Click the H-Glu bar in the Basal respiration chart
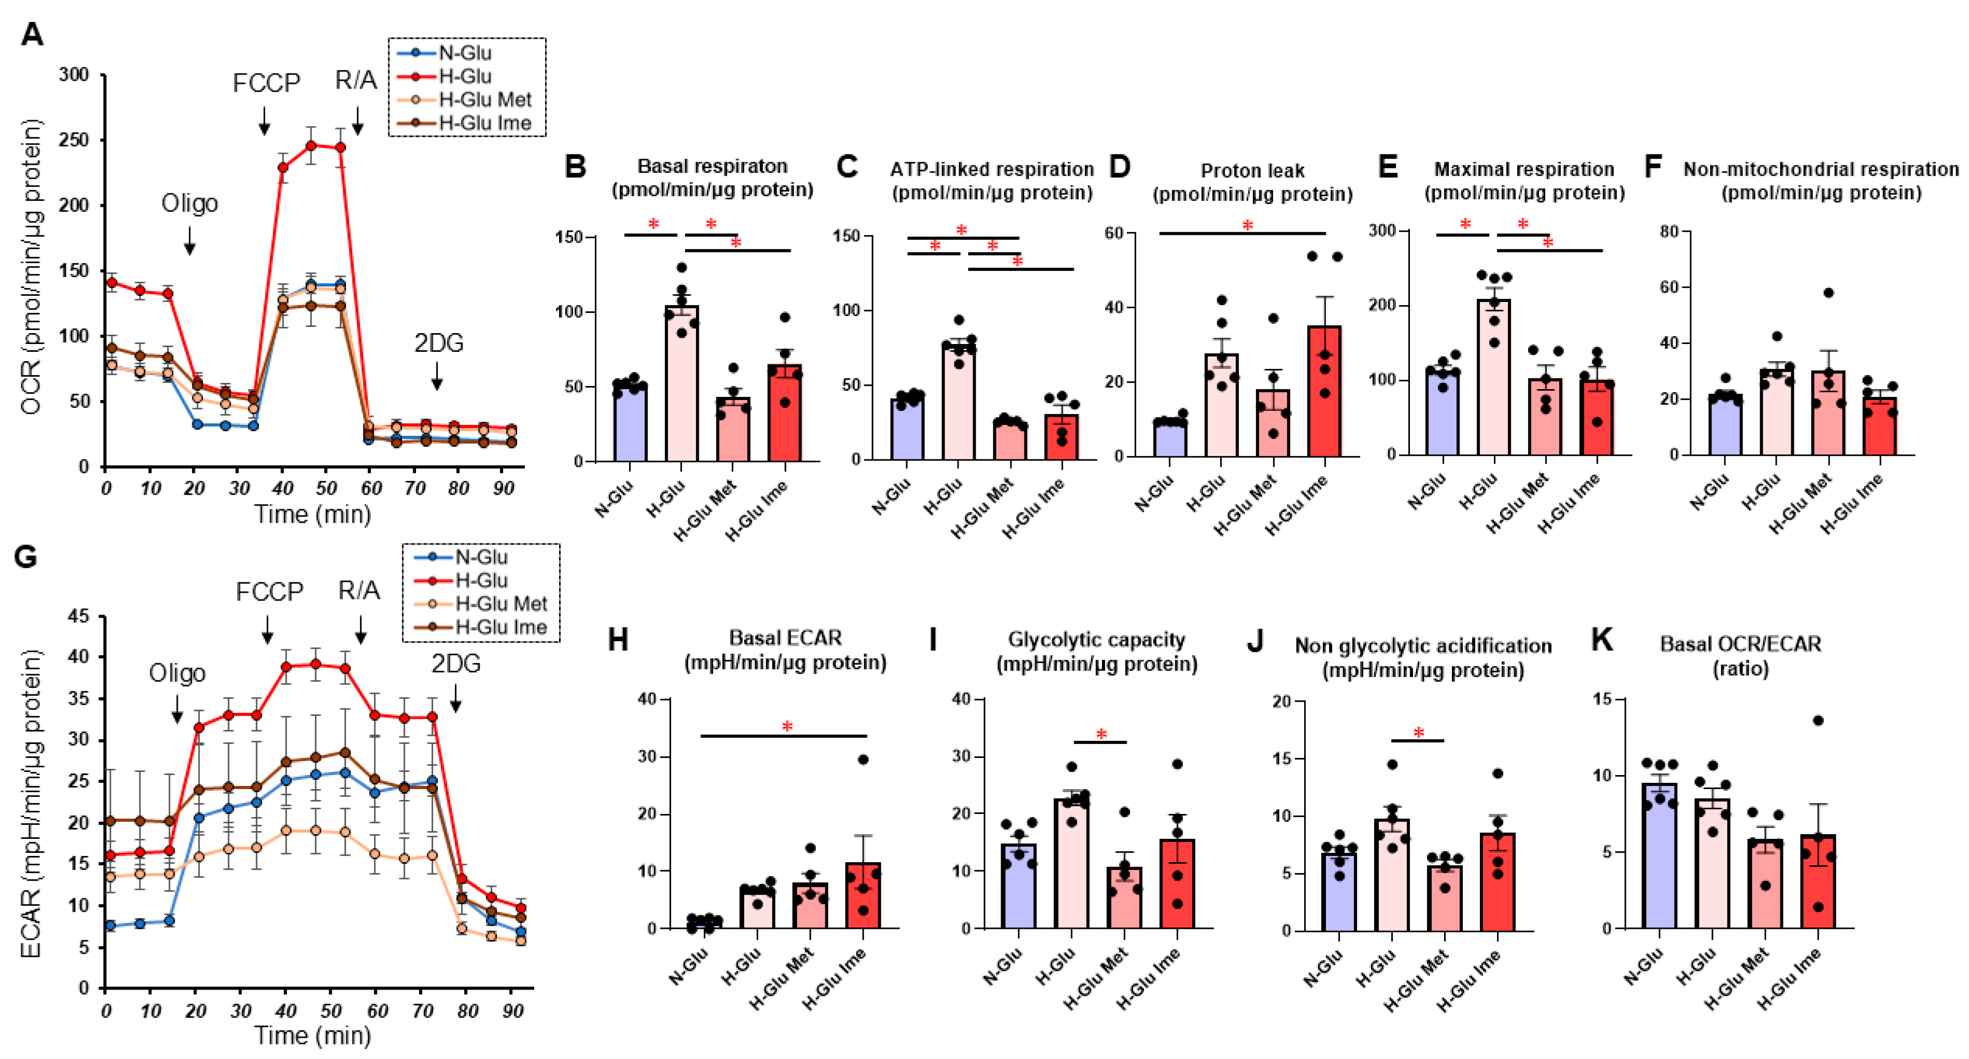tap(681, 390)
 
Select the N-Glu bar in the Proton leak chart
tap(1170, 439)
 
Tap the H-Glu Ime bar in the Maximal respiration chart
tap(1597, 420)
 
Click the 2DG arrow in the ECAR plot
tap(455, 697)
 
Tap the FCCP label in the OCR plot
tap(266, 82)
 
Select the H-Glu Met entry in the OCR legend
tap(484, 99)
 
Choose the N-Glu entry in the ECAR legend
tap(481, 557)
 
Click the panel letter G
tap(25, 556)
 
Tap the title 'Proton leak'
tap(1252, 170)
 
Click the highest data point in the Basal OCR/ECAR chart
tap(1818, 721)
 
